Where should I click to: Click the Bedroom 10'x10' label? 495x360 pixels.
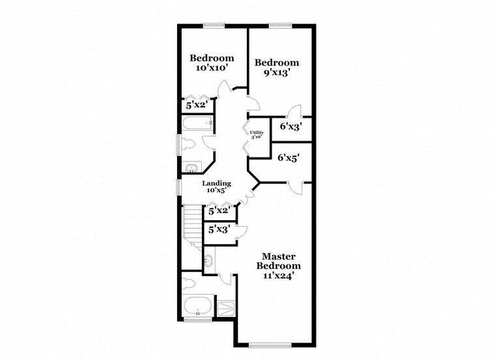212,62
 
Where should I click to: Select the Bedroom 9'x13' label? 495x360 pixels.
277,68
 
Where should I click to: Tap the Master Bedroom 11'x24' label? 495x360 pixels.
278,266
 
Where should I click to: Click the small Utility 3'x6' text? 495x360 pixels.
257,134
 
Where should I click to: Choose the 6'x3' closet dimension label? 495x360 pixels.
290,126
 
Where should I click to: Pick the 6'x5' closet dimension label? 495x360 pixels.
289,158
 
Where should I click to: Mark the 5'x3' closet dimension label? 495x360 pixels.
218,230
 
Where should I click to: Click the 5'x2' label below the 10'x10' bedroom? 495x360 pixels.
197,104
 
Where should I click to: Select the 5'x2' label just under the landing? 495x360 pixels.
218,210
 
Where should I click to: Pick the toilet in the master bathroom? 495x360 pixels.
189,283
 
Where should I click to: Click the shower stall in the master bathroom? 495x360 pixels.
225,307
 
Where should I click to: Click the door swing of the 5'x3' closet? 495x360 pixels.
242,228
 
